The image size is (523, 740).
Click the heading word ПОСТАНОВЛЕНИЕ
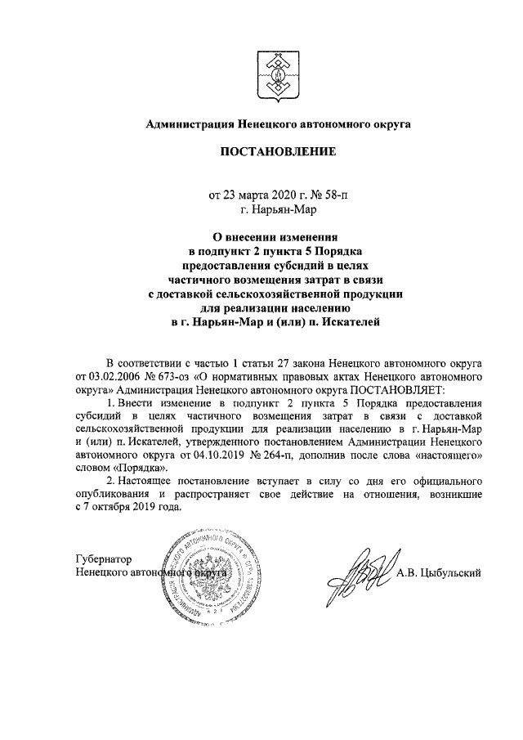[277, 152]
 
